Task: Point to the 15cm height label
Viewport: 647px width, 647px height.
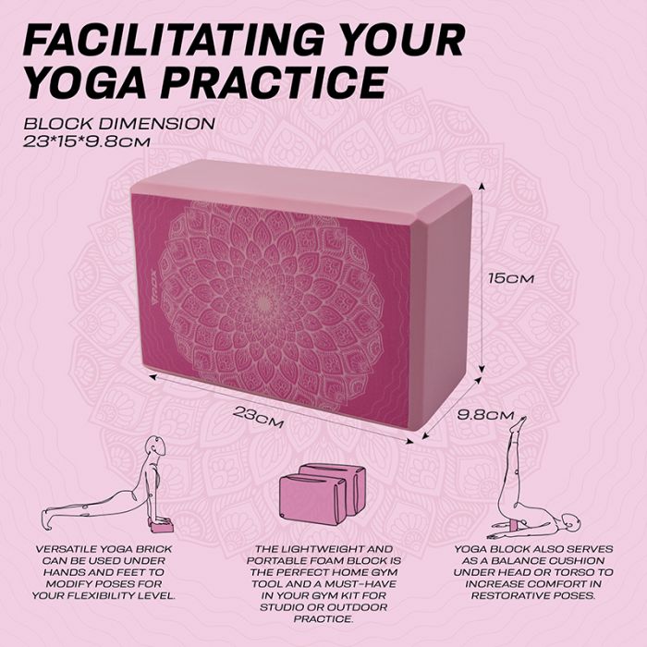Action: [x=514, y=277]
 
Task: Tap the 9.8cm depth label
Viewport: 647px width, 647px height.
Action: [x=486, y=415]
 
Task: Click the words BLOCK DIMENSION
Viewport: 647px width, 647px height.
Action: [x=119, y=123]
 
